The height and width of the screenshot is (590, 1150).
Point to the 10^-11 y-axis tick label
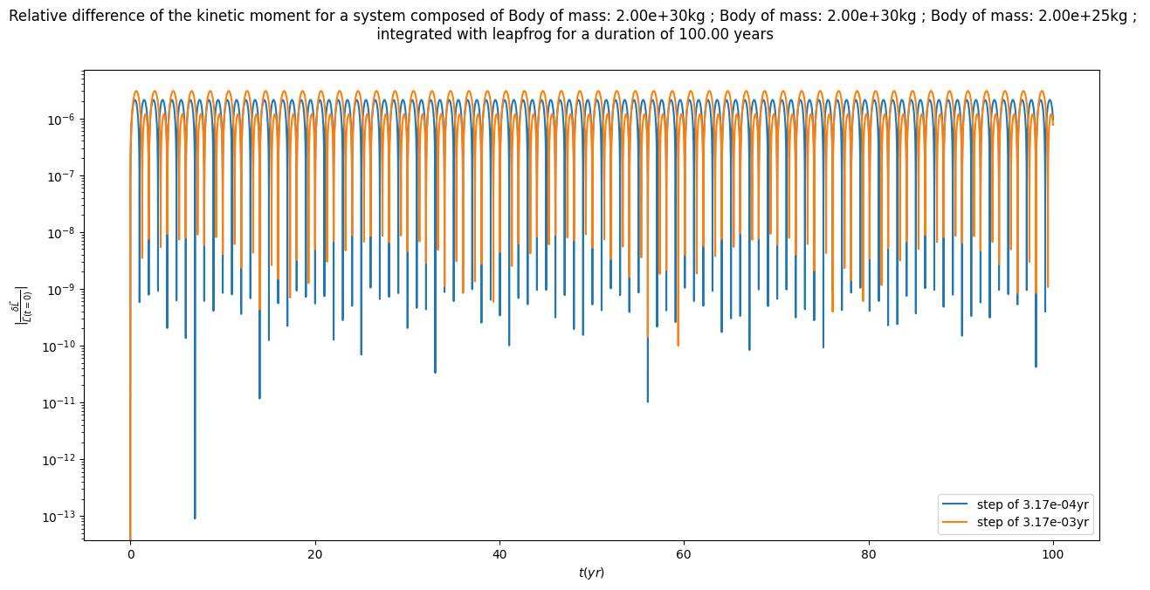(62, 403)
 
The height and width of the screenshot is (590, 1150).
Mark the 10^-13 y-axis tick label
(62, 517)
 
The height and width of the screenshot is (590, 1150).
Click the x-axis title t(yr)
(591, 573)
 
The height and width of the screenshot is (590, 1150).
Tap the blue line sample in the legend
(959, 504)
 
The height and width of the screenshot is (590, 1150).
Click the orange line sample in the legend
(959, 522)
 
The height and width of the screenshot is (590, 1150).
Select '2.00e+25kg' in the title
(1084, 16)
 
